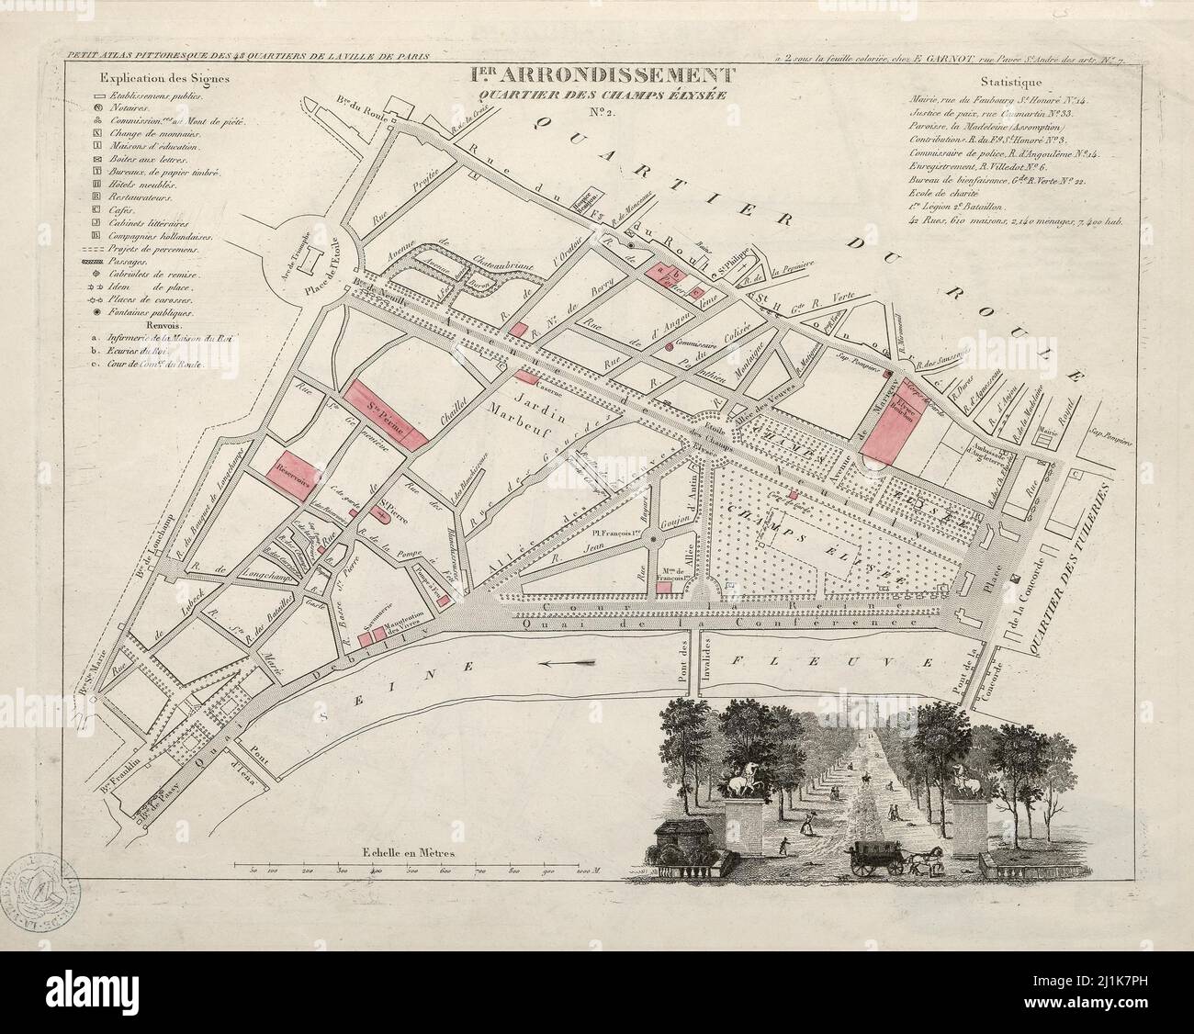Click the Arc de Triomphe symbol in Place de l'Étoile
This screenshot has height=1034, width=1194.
click(x=310, y=262)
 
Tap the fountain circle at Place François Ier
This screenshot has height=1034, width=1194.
click(x=653, y=539)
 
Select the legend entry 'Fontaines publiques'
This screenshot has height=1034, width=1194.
click(x=161, y=313)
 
